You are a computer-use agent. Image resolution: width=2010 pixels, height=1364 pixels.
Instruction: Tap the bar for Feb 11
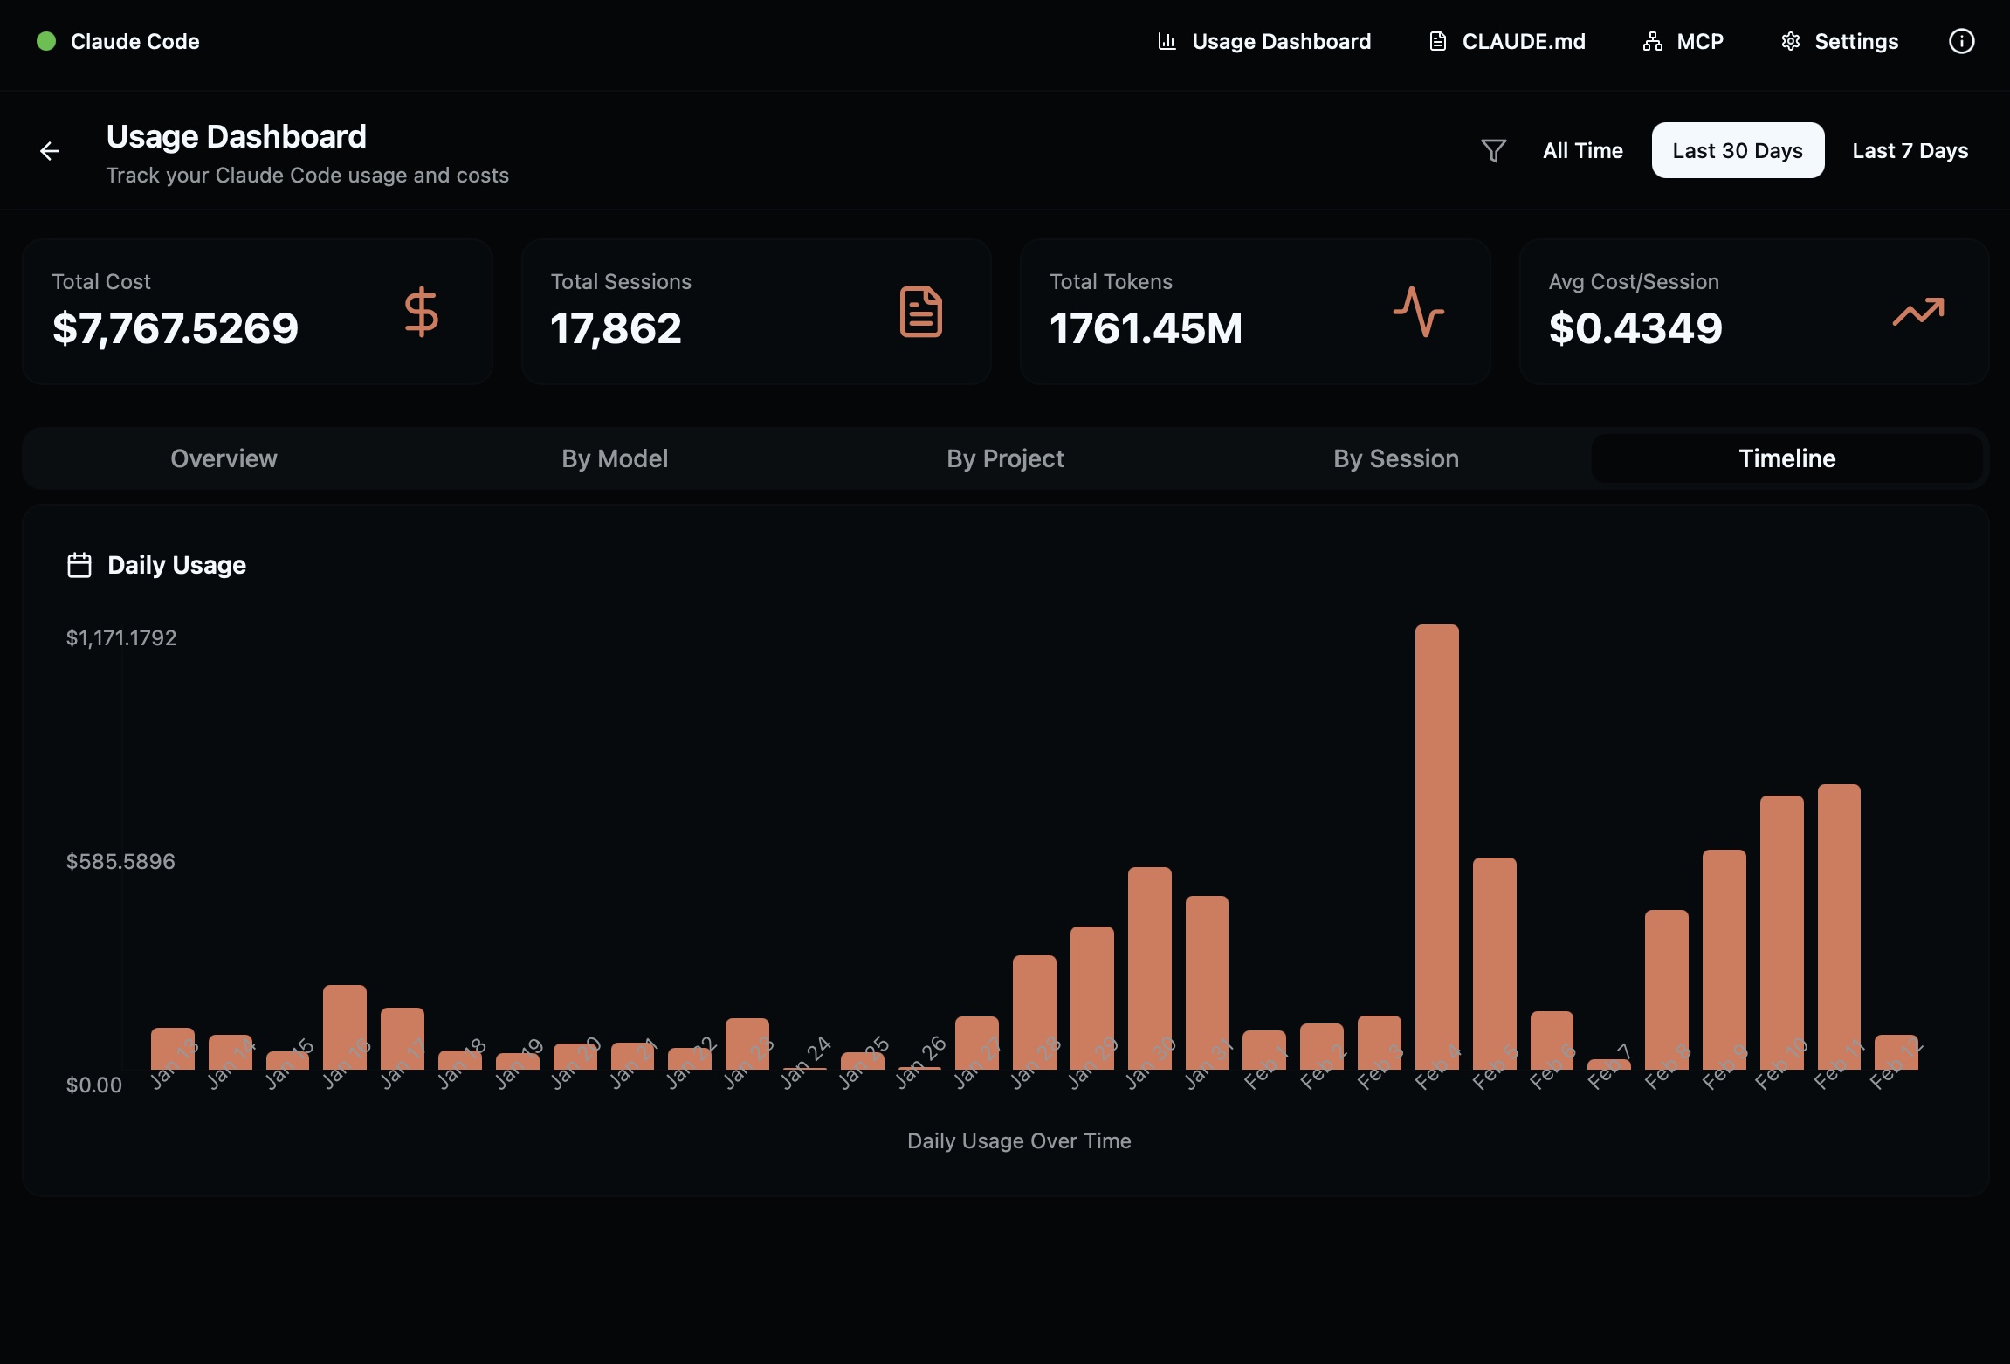[x=1839, y=926]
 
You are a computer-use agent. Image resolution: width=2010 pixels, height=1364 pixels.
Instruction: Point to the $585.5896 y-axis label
[x=120, y=862]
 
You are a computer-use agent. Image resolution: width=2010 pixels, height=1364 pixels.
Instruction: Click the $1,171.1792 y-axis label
[x=121, y=638]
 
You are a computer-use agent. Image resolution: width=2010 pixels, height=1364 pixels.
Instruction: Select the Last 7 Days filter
[x=1910, y=151]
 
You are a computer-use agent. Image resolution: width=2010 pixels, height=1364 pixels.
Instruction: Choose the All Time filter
[x=1582, y=151]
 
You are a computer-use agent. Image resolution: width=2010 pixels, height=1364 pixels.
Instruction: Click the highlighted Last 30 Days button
[x=1737, y=151]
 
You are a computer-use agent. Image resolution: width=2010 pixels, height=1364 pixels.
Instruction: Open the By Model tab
[x=615, y=458]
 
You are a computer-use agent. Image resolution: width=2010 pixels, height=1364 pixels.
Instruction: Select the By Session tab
[x=1395, y=458]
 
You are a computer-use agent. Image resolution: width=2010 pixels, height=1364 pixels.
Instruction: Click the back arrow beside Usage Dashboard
[x=50, y=152]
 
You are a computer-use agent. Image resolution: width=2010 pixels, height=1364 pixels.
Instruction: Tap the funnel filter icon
[x=1493, y=151]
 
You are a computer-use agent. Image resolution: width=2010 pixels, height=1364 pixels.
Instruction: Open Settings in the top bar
[x=1840, y=42]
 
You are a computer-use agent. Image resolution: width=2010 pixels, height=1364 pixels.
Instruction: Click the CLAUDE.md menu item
[x=1507, y=42]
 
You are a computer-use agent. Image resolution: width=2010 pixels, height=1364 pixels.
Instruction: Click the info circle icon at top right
[x=1961, y=41]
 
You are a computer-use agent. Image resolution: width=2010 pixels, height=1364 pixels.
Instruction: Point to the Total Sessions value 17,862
[x=616, y=329]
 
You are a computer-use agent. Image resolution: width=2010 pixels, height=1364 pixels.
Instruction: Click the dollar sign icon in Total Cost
[x=421, y=312]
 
